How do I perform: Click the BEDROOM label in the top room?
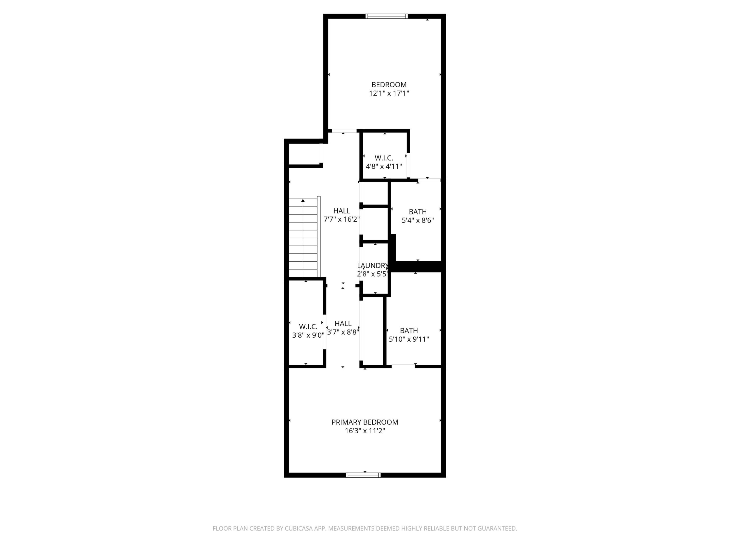[389, 85]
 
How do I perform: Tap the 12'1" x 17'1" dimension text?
[389, 93]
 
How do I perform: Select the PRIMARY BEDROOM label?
[365, 422]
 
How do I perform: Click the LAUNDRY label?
[373, 265]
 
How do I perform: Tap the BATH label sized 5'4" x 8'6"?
[417, 212]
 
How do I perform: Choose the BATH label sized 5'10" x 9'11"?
[409, 330]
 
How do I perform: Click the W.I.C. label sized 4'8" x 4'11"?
[384, 158]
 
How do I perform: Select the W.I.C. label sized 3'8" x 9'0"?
[308, 326]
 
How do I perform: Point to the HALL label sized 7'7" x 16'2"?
[342, 211]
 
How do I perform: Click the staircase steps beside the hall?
[303, 244]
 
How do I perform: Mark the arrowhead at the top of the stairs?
[303, 201]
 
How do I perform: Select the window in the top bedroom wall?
[387, 16]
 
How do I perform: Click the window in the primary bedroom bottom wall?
[363, 475]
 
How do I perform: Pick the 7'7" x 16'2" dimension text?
[342, 219]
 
